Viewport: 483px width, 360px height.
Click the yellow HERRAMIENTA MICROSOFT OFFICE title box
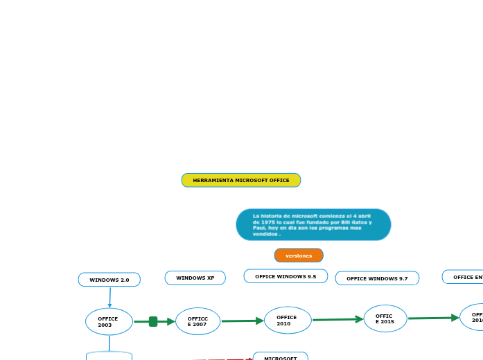[x=241, y=180]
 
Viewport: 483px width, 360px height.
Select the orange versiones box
[x=299, y=255]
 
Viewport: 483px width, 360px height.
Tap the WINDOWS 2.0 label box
[x=109, y=280]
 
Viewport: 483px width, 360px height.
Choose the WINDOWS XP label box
[x=195, y=278]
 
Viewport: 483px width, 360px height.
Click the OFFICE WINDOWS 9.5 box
[x=286, y=276]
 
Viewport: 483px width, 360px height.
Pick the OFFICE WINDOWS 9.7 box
[x=377, y=278]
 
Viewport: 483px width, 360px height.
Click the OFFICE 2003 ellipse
[x=109, y=322]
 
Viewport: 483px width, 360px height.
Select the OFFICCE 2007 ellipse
[x=197, y=321]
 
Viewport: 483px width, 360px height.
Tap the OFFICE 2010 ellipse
[x=288, y=321]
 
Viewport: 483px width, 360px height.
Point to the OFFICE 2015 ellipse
[x=385, y=318]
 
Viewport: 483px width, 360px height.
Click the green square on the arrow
[x=153, y=321]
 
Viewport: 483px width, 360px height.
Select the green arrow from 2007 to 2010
[x=243, y=321]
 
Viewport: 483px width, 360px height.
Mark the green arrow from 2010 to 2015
[x=337, y=319]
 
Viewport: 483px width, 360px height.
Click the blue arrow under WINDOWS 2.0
[x=109, y=298]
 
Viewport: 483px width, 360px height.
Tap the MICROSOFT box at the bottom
[x=280, y=357]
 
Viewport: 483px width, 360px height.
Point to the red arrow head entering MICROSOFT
[x=249, y=359]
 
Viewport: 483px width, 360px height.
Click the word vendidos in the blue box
[x=264, y=234]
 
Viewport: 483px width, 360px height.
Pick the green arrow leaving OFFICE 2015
[x=433, y=318]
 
